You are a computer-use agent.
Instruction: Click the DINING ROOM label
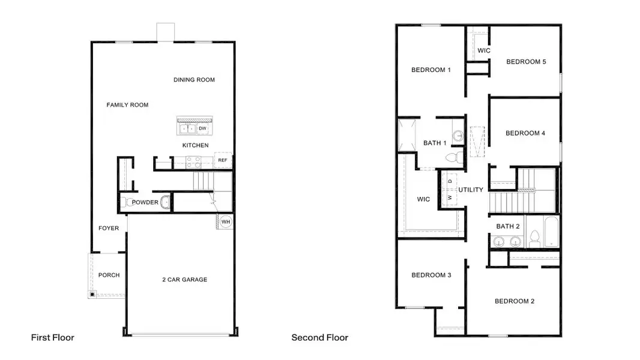coord(194,80)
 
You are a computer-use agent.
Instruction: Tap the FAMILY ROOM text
coord(127,105)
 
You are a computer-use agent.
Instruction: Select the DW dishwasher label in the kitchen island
coord(202,128)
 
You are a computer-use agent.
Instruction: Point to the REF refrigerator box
coord(223,160)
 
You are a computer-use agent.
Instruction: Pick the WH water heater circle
coord(226,222)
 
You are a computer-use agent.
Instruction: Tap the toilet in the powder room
coord(124,202)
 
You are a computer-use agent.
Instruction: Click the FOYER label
coord(109,228)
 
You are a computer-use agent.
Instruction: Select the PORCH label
coord(109,275)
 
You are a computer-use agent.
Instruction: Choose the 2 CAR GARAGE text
coord(184,280)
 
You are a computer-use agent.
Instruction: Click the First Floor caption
coord(53,338)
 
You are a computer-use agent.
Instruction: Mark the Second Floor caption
coord(319,338)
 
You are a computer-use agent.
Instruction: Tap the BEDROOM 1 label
coord(430,70)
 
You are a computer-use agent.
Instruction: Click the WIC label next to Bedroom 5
coord(483,50)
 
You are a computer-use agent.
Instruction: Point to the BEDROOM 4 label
coord(525,133)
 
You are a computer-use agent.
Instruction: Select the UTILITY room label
coord(471,190)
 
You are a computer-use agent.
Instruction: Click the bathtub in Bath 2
coord(550,238)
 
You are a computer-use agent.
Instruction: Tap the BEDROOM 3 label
coord(430,275)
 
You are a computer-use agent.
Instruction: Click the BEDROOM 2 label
coord(514,301)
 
